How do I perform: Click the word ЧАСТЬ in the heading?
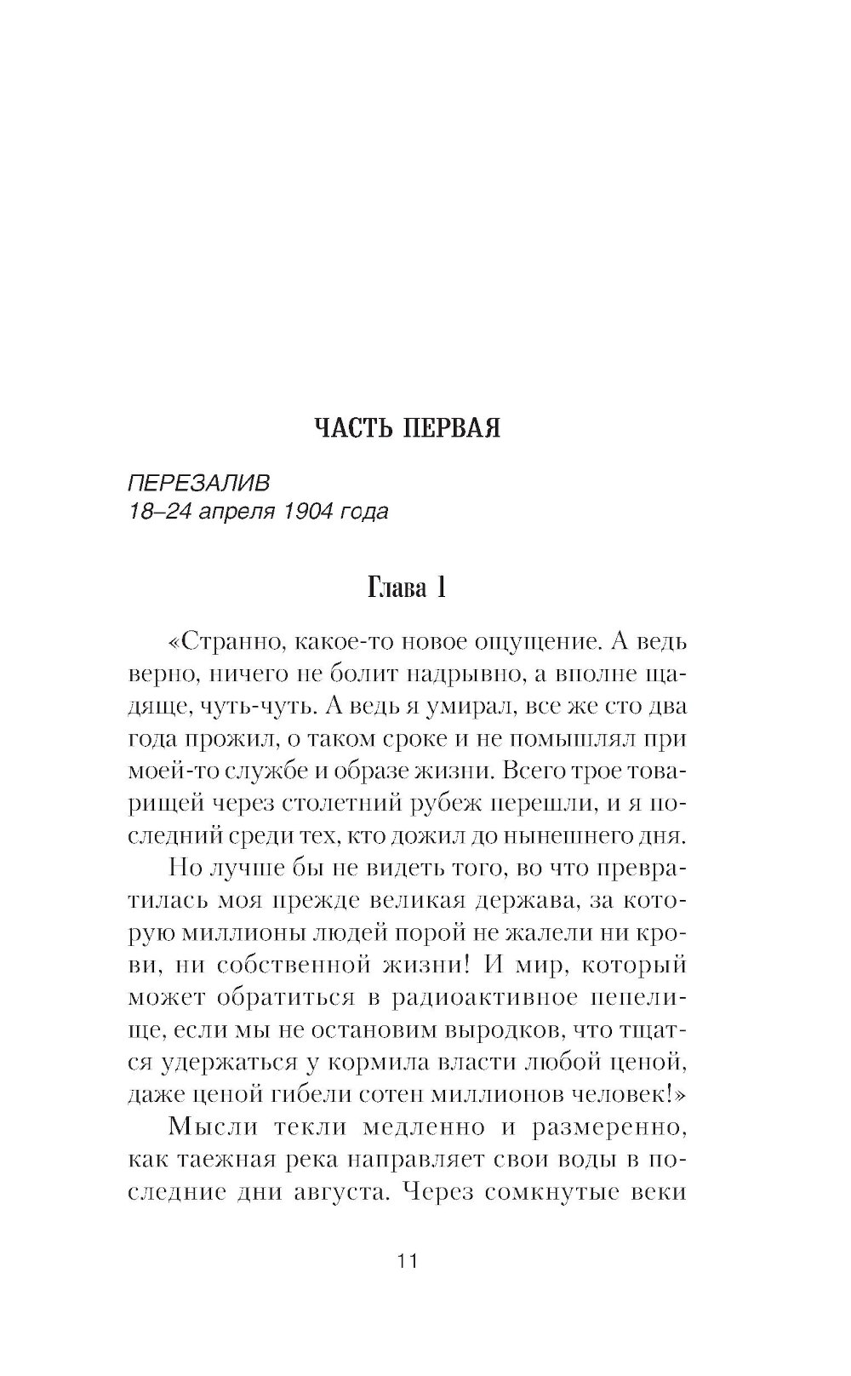(350, 428)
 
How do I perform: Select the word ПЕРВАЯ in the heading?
(450, 428)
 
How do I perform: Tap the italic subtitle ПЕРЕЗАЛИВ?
(197, 484)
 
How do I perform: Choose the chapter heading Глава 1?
(406, 588)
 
